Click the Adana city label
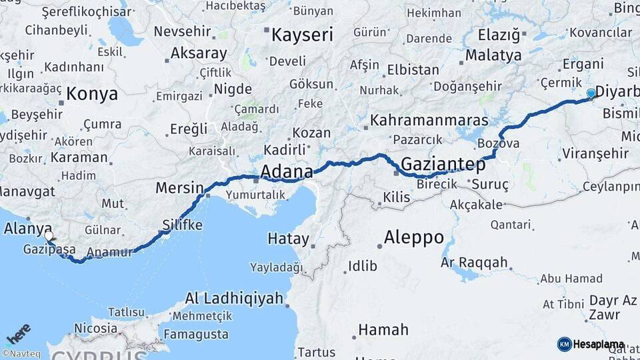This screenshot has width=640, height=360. click(286, 172)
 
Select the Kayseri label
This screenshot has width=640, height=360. click(301, 35)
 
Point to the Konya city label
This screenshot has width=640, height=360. click(92, 94)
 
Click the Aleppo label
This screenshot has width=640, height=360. click(414, 237)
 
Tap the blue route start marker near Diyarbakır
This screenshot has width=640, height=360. click(591, 94)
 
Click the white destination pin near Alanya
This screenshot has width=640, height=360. click(49, 236)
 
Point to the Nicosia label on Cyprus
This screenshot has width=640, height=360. click(96, 328)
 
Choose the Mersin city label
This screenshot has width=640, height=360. click(179, 188)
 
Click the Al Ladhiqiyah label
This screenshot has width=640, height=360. click(234, 298)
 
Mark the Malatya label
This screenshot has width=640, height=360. click(493, 55)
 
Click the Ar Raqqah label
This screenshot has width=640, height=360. click(474, 263)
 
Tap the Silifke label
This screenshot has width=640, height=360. click(182, 225)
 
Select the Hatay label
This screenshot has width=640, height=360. click(288, 239)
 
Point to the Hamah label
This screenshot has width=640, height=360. click(383, 329)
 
